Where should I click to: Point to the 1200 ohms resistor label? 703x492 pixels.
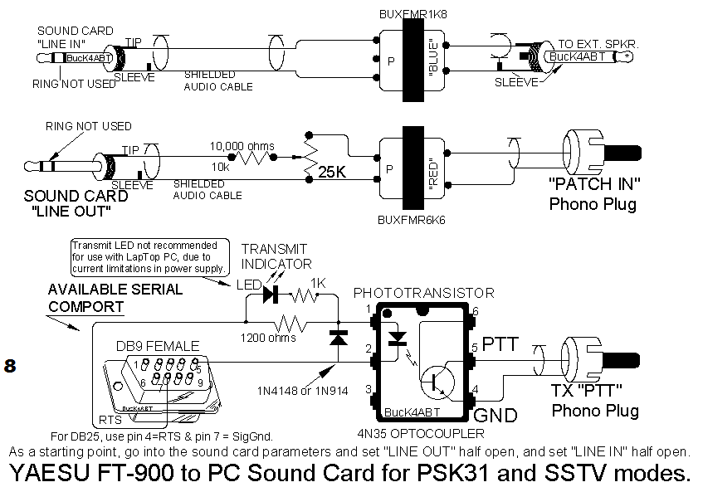coord(269,339)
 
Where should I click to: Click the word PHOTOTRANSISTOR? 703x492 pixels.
coord(424,293)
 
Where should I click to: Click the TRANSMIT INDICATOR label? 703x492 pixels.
coord(275,256)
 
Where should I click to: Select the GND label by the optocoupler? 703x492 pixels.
coord(496,415)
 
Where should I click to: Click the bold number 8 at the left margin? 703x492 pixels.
coord(11,366)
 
